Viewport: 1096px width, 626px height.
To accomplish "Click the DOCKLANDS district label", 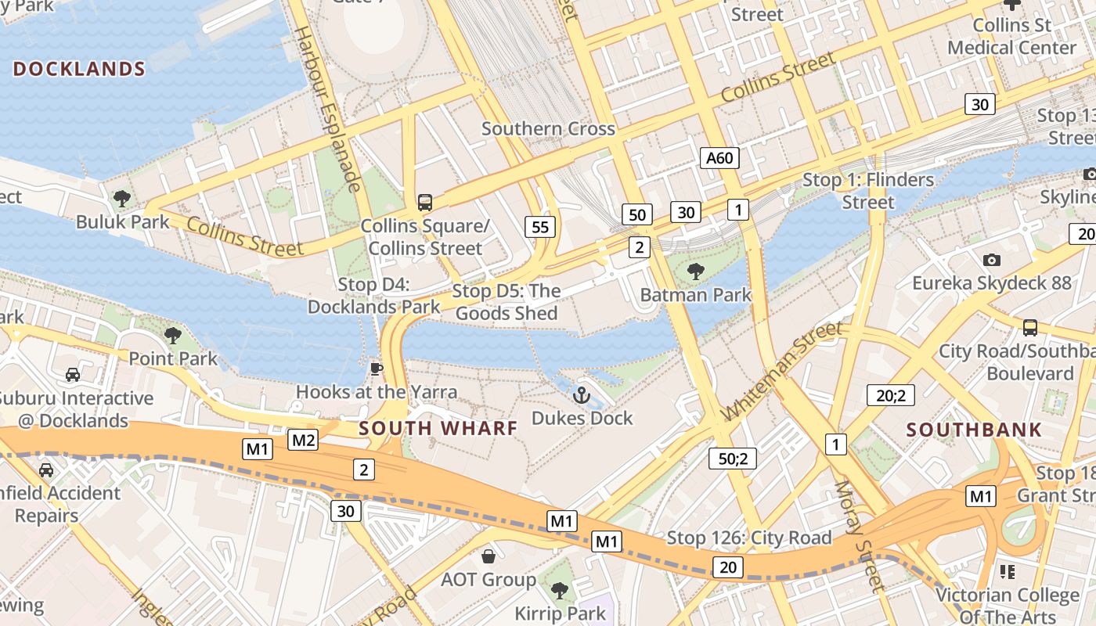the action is (79, 69).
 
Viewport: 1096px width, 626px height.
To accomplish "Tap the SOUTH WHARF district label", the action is (438, 428).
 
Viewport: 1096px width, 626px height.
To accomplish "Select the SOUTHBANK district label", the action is (974, 430).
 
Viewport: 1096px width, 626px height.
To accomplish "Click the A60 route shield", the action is (719, 159).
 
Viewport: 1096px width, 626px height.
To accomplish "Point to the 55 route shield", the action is (540, 227).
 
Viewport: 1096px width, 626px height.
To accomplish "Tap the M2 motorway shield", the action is (304, 440).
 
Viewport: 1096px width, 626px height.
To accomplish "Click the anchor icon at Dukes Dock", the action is (581, 395).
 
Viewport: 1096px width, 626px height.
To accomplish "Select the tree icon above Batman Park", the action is (695, 272).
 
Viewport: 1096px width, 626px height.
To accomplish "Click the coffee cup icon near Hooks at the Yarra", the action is (376, 369).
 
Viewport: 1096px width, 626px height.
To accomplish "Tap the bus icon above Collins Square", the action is (425, 203).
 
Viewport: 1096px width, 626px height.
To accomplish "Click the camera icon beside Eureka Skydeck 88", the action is (991, 260).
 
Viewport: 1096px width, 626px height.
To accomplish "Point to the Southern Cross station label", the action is (548, 128).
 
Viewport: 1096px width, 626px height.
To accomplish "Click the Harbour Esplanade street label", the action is (326, 110).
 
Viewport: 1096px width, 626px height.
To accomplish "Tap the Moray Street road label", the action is (858, 536).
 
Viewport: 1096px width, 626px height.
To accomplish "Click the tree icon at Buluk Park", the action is (122, 199).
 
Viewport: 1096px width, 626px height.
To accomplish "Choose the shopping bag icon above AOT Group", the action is (489, 556).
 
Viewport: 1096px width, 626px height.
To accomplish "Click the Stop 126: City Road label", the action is (748, 538).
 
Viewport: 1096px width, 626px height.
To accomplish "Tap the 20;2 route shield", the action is (890, 395).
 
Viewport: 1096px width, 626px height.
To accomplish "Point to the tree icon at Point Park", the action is (173, 336).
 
